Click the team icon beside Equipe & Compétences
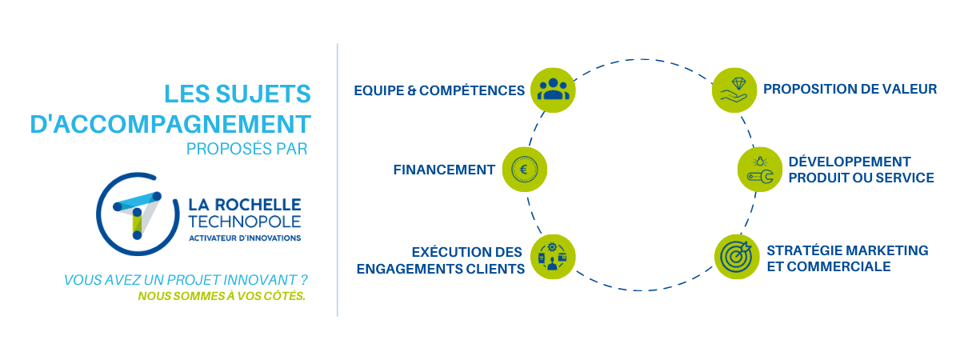point(552,89)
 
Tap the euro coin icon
point(525,170)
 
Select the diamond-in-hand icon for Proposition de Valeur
point(734,89)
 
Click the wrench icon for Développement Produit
point(759,170)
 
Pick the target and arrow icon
point(736,256)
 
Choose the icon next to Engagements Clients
point(553,256)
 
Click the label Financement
point(444,170)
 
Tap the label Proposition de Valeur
point(850,89)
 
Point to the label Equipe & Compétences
point(439,90)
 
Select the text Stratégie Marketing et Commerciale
point(847,258)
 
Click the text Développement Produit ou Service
point(861,170)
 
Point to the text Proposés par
point(246,149)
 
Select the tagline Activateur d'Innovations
point(245,238)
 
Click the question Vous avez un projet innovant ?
point(186,280)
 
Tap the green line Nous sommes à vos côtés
point(222,296)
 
